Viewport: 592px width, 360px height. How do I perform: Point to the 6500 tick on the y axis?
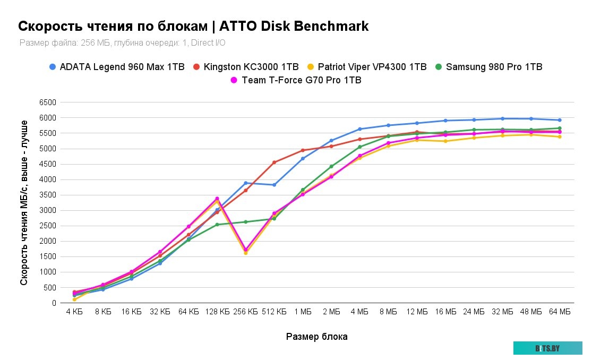pyautogui.click(x=49, y=102)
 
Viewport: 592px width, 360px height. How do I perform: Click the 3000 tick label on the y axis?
pyautogui.click(x=49, y=210)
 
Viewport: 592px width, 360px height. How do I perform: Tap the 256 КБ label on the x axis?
pyautogui.click(x=245, y=312)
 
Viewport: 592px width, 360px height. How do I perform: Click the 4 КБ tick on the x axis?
pyautogui.click(x=74, y=312)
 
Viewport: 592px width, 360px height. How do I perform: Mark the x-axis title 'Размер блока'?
pyautogui.click(x=317, y=336)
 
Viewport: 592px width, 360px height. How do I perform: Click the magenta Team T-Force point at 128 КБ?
pyautogui.click(x=217, y=199)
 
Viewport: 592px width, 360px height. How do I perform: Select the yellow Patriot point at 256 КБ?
pyautogui.click(x=245, y=253)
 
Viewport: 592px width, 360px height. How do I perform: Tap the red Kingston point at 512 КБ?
pyautogui.click(x=274, y=162)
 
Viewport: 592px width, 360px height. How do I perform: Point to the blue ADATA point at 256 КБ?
pyautogui.click(x=245, y=183)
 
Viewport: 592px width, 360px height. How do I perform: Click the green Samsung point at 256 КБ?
pyautogui.click(x=245, y=222)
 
